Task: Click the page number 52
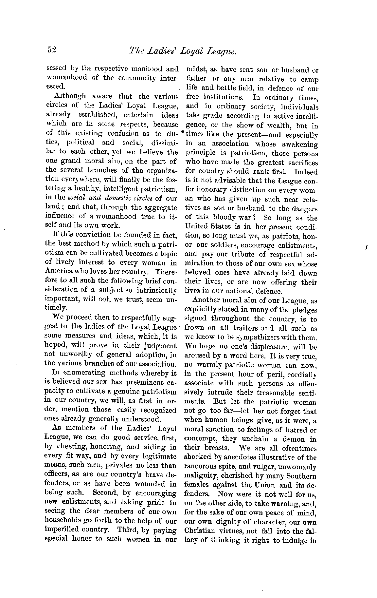pos(52,50)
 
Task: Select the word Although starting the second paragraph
pos(70,96)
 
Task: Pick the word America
pos(59,272)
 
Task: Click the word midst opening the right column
pos(195,70)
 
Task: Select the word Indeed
pos(306,171)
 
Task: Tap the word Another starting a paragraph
pos(206,300)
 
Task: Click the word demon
pos(296,439)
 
